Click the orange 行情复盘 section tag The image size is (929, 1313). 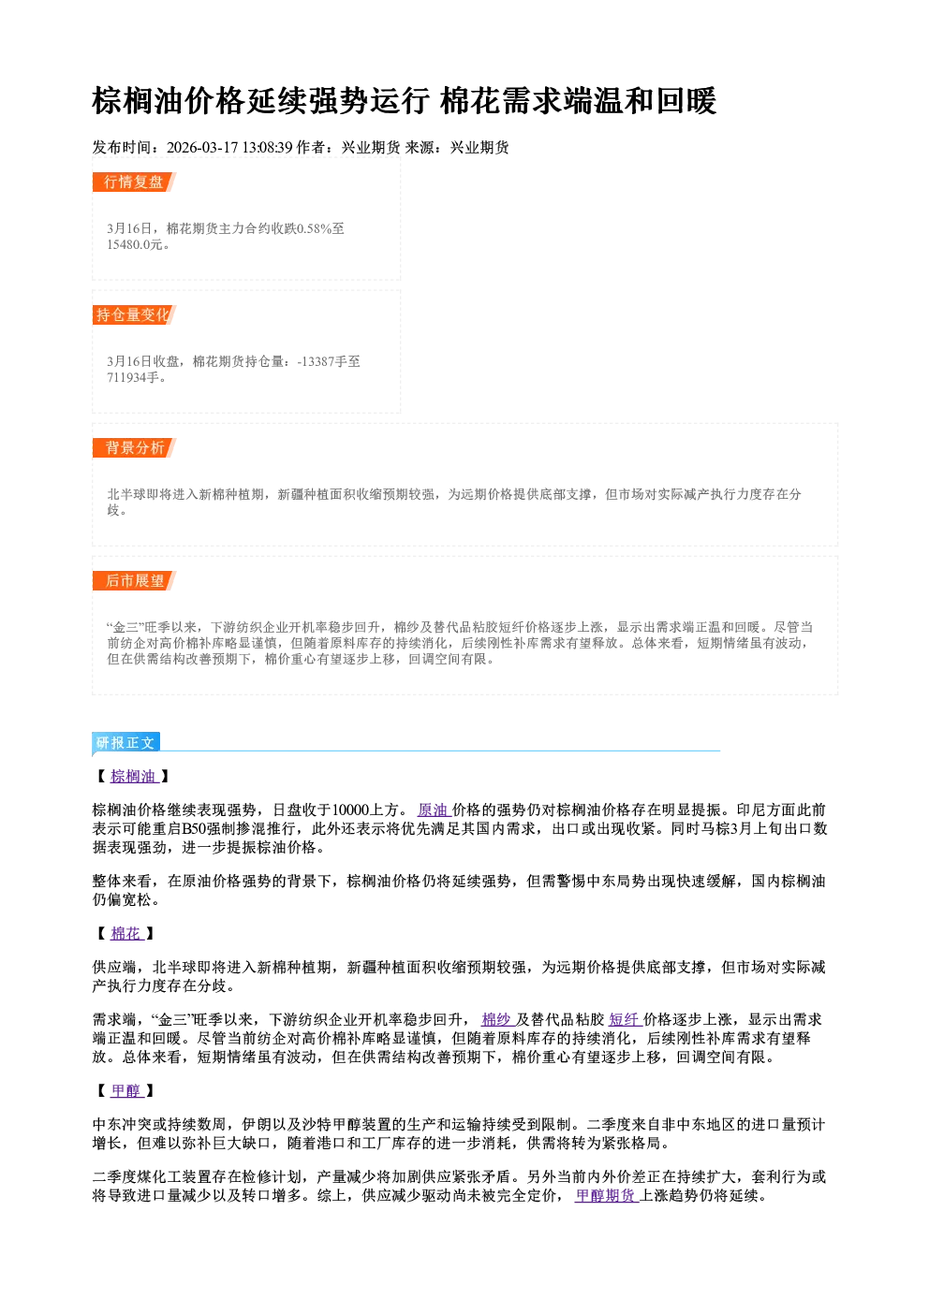(x=134, y=182)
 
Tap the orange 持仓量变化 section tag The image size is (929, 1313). (x=134, y=315)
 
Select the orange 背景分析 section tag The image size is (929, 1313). (x=134, y=448)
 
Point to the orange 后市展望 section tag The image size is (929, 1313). (x=134, y=581)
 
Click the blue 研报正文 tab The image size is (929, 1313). (x=125, y=743)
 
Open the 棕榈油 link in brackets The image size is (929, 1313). (x=134, y=777)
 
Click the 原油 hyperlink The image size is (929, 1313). (x=434, y=810)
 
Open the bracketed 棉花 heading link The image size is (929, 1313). (x=126, y=934)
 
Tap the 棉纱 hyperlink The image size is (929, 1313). (x=496, y=1020)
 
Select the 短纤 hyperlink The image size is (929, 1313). (x=626, y=1020)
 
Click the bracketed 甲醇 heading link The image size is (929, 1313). (x=126, y=1091)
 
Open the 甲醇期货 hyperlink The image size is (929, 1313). (x=606, y=1196)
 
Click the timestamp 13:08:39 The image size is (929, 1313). (x=268, y=148)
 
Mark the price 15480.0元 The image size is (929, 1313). (x=134, y=245)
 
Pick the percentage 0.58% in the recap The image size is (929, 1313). (x=315, y=229)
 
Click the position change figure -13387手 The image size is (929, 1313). (x=322, y=362)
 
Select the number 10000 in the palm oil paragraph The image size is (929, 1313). (x=351, y=810)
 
